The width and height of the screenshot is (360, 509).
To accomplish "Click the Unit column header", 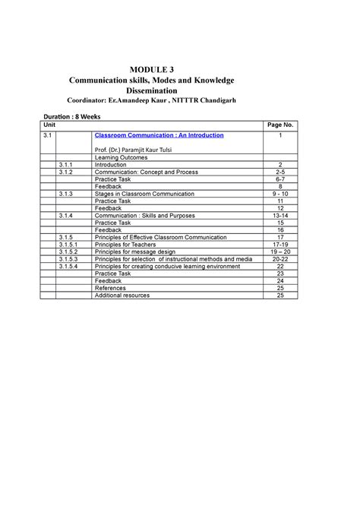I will click(50, 123).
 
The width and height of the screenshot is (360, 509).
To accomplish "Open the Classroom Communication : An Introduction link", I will click(159, 134).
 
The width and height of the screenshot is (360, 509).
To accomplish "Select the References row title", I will click(110, 288).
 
